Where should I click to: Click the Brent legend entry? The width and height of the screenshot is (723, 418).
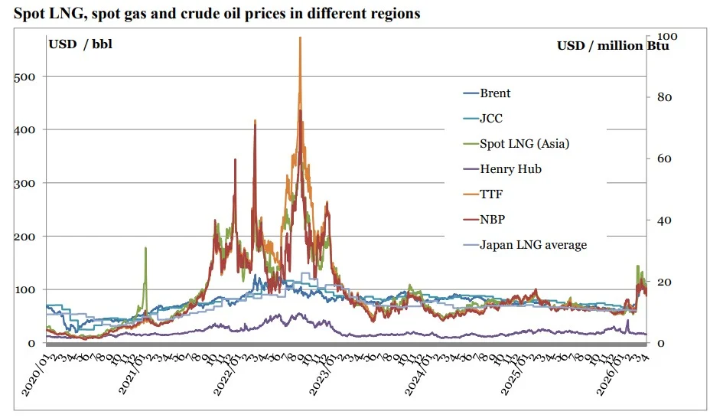495,93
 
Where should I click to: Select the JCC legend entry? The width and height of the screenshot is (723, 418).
490,119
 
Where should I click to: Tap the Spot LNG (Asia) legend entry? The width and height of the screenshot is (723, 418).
524,144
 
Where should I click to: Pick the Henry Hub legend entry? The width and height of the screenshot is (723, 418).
510,169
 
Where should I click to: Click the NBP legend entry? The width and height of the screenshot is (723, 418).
492,220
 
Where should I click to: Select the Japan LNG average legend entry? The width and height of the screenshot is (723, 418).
532,245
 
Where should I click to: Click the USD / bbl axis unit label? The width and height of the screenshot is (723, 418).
81,44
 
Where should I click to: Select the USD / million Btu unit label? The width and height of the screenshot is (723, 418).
613,46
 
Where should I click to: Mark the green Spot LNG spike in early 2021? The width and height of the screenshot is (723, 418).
145,250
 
